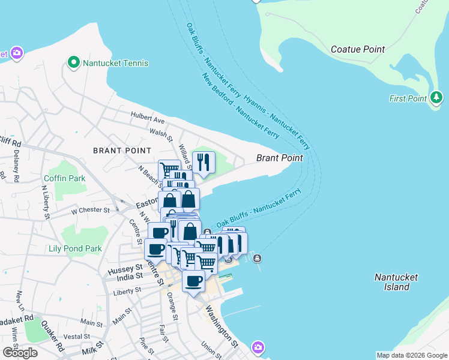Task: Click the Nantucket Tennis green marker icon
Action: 74,62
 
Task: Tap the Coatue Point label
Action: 357,49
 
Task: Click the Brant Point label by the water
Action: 279,158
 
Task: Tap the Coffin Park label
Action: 64,178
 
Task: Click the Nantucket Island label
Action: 392,282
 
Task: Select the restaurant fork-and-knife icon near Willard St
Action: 203,161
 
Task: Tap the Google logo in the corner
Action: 20,352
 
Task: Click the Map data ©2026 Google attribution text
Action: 411,355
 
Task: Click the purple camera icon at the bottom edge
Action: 258,347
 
